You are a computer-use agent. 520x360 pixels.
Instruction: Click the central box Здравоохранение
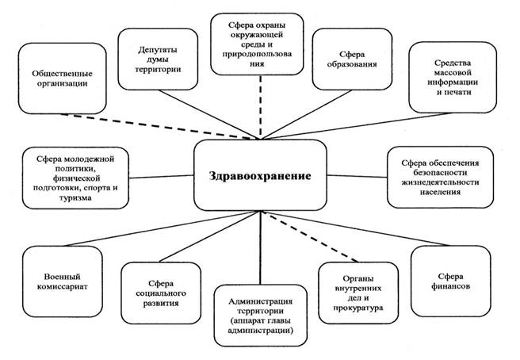click(260, 175)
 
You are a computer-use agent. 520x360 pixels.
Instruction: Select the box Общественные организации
click(63, 79)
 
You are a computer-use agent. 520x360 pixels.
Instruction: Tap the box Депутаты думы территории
click(158, 59)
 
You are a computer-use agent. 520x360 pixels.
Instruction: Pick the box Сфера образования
click(352, 59)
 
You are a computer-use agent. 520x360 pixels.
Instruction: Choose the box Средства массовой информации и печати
click(453, 77)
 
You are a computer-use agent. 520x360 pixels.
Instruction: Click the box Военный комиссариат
click(63, 281)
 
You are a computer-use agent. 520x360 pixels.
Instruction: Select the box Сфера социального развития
click(161, 293)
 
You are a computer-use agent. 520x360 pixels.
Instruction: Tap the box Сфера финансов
click(451, 281)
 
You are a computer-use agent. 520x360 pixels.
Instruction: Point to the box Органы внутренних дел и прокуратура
click(358, 293)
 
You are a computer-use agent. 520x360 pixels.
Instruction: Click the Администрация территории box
click(260, 316)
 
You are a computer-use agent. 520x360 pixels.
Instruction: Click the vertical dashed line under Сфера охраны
click(260, 108)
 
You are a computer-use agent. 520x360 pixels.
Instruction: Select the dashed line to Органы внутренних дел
click(309, 236)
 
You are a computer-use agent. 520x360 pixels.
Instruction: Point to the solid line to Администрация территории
click(260, 248)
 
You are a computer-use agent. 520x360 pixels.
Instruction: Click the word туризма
click(75, 198)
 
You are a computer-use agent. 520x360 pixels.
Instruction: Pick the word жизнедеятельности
click(440, 182)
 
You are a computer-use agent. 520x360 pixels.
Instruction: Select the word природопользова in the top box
click(257, 54)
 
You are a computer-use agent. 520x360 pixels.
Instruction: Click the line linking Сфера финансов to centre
click(355, 228)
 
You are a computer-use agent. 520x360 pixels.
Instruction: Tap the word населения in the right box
click(440, 192)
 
